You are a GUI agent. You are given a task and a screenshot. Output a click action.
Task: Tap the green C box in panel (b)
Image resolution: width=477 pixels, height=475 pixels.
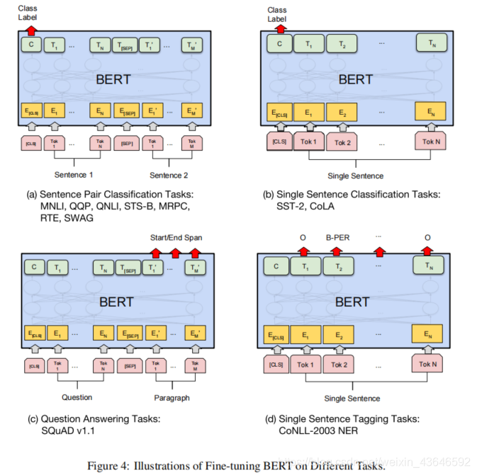coord(279,45)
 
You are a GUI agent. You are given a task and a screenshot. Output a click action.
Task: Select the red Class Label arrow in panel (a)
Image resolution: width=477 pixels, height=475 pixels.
coord(30,30)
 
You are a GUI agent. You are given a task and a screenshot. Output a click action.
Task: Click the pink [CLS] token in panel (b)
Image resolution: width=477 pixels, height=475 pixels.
coord(280,142)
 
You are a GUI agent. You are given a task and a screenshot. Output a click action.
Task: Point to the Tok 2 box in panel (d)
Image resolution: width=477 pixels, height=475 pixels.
coord(339,365)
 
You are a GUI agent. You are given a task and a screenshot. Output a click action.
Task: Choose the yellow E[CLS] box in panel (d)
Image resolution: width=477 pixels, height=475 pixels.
coord(279,335)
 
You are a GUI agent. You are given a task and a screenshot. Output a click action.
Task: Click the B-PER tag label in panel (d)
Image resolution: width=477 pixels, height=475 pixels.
coord(338,239)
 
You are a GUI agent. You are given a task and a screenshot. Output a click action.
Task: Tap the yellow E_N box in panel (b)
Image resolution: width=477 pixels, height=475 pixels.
coord(430,111)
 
